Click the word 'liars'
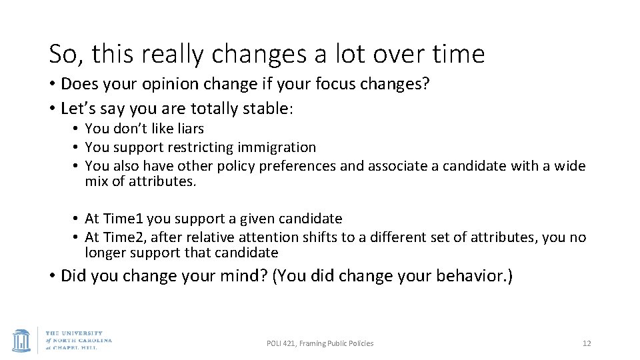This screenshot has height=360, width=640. point(189,129)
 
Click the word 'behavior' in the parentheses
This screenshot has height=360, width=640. point(469,276)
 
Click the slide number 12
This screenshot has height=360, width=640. point(587,343)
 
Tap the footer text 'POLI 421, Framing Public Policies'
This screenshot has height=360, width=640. point(320,343)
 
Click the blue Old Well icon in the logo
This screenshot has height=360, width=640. point(22,339)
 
